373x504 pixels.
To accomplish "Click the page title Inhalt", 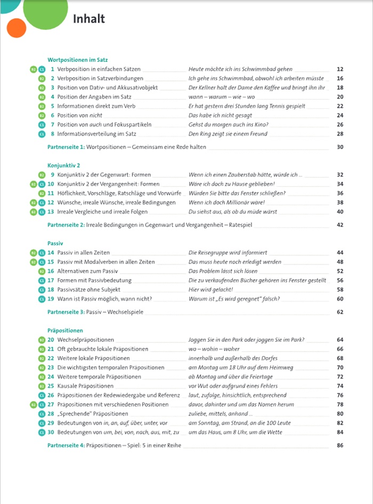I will tap(88, 20).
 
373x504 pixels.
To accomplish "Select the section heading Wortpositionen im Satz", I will tap(77, 60).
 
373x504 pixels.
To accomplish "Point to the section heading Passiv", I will tap(55, 243).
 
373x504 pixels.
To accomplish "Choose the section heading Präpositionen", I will tap(65, 331).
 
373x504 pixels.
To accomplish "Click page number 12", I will tap(340, 69).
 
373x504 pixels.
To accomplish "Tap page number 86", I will tap(340, 444).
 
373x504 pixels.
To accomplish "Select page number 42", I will tap(340, 225).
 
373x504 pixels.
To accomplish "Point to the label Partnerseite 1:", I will tap(66, 147).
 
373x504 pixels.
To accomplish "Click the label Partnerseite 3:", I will tap(66, 311).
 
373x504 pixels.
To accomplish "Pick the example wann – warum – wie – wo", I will tap(222, 97).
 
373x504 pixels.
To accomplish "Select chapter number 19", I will tap(51, 299).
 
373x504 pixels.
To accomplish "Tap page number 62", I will tap(340, 311).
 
